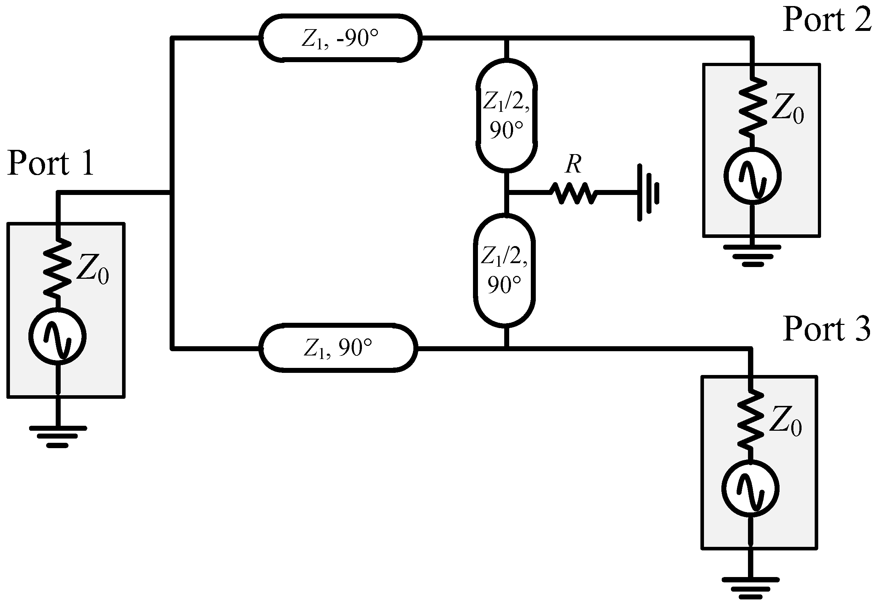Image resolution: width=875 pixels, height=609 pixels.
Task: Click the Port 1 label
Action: coord(51,164)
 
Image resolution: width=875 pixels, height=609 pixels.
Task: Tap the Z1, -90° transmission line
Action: coord(340,38)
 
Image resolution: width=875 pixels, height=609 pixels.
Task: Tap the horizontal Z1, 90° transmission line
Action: coord(338,348)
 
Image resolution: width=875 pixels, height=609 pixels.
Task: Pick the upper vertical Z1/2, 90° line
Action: coord(506,115)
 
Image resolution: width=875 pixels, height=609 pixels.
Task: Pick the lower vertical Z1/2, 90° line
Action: coord(504,270)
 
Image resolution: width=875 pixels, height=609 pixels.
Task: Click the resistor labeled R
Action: coord(573,193)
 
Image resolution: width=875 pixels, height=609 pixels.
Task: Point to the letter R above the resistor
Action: coord(573,164)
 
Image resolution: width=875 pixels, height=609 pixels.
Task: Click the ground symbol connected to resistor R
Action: coord(648,192)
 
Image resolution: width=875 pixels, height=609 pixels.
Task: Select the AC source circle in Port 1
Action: coord(57,336)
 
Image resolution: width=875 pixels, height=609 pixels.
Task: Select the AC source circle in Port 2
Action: coord(752,176)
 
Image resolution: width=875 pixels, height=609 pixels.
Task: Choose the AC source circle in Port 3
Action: coord(750,489)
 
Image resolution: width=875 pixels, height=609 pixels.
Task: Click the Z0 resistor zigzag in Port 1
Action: coord(57,268)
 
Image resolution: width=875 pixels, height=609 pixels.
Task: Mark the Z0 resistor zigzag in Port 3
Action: coord(750,419)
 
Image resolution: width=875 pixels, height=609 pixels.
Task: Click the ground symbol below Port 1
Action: coord(57,436)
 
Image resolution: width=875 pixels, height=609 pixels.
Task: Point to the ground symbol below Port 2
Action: coord(752,256)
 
